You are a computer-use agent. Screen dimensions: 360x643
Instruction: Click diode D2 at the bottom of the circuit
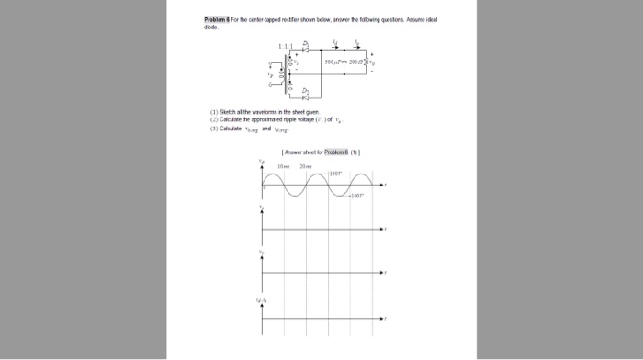[x=306, y=94]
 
